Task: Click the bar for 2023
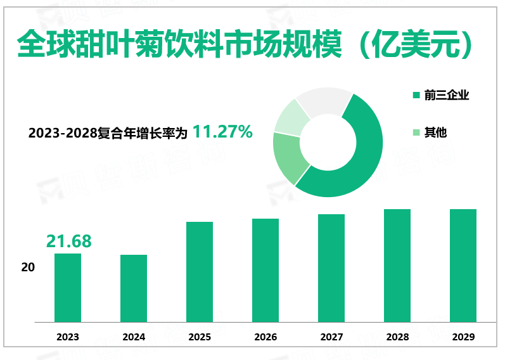(68, 288)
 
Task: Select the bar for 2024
(134, 288)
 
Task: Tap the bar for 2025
(200, 272)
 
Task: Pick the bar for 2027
(331, 268)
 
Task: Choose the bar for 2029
(463, 266)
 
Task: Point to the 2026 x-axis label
(265, 337)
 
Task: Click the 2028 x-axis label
(397, 337)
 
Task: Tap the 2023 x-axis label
(68, 337)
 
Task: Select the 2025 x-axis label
(200, 337)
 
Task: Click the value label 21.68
(68, 241)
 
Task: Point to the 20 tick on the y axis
(28, 267)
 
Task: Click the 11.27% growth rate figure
(222, 132)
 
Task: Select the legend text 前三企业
(447, 95)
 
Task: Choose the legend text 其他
(436, 132)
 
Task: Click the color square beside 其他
(416, 133)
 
